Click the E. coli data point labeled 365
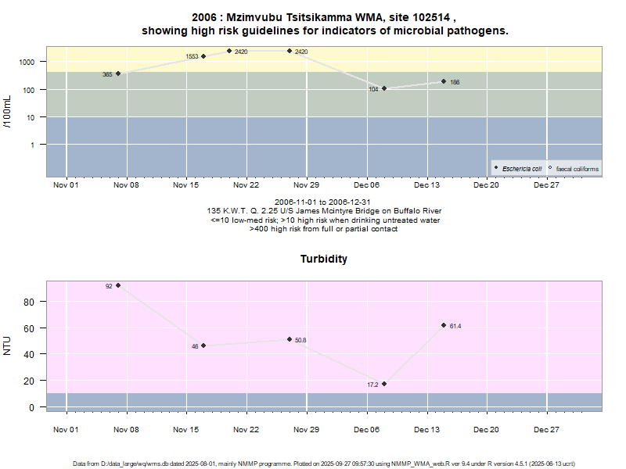[x=118, y=73]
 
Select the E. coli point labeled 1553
[x=203, y=56]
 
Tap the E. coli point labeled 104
[x=384, y=88]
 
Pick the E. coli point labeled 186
[x=444, y=81]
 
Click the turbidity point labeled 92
[x=118, y=285]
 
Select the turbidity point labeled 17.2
[x=384, y=384]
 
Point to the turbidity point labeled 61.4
[x=444, y=325]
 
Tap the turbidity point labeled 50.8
[x=290, y=339]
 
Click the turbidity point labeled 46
[x=203, y=345]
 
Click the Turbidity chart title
[x=324, y=259]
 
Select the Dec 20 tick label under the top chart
[x=486, y=185]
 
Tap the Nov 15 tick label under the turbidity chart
[x=185, y=430]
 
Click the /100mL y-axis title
[x=8, y=112]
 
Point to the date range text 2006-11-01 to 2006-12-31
[x=324, y=202]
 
